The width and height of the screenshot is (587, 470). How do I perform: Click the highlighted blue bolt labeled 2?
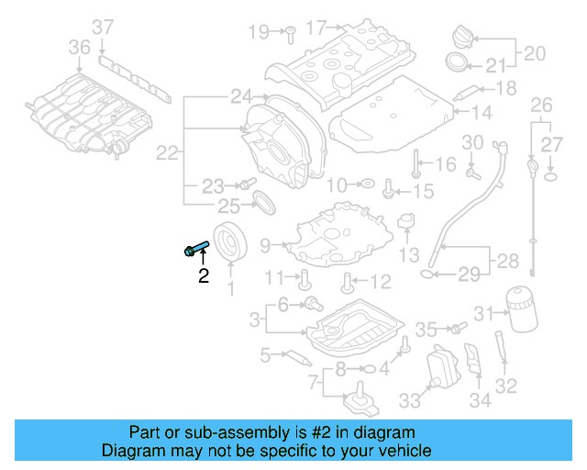pos(196,247)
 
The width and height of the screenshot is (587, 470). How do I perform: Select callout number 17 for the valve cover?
pos(316,28)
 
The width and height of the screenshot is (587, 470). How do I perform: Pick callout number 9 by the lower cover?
pos(265,245)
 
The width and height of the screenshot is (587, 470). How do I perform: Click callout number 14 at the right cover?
pos(482,112)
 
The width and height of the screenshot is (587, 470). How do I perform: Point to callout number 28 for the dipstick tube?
pos(507,262)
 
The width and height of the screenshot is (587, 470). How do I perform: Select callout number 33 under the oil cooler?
pos(409,399)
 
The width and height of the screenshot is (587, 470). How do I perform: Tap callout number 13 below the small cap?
pos(410,254)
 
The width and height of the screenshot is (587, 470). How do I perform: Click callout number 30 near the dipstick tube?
pos(471,142)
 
